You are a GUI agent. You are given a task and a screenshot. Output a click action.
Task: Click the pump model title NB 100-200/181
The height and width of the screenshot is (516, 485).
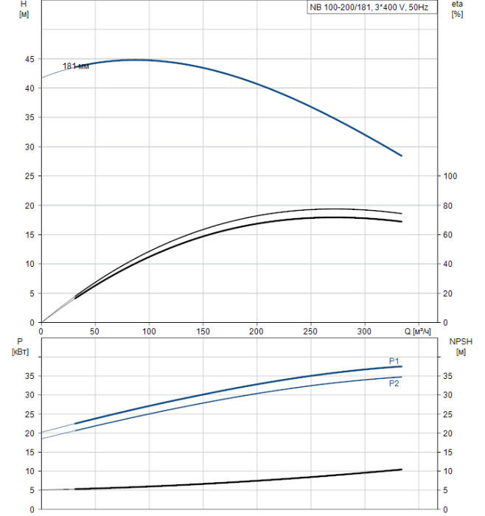[369, 8]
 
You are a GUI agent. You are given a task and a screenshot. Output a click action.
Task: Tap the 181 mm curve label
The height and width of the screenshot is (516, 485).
[75, 66]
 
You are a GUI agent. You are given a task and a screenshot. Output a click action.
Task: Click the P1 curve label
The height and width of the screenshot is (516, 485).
[394, 360]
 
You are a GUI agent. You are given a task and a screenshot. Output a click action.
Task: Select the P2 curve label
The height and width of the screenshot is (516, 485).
[394, 383]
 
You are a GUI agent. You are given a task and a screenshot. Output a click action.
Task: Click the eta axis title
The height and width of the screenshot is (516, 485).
[457, 4]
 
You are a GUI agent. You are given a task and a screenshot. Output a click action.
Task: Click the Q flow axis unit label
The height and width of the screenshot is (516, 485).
[417, 332]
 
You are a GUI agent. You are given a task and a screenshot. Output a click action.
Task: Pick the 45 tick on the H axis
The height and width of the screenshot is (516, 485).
[29, 59]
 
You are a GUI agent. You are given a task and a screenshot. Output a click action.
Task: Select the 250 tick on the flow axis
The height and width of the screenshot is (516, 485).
[310, 332]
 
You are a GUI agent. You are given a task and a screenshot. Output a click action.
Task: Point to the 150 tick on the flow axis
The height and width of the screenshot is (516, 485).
[203, 332]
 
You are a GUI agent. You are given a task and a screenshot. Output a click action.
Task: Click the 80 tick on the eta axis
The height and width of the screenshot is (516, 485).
[449, 206]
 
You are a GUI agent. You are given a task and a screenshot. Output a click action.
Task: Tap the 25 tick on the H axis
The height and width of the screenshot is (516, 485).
[29, 176]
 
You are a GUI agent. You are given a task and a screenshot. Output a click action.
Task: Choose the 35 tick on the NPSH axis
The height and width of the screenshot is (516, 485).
[449, 377]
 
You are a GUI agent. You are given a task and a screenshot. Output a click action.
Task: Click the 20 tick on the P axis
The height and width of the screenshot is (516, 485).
[29, 433]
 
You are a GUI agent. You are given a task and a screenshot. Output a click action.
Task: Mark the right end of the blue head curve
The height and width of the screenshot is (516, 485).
[402, 156]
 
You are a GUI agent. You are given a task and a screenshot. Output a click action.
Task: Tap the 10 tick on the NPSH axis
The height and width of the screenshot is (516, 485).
[449, 471]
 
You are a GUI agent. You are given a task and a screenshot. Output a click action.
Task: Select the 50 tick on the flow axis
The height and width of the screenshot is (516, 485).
[94, 332]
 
